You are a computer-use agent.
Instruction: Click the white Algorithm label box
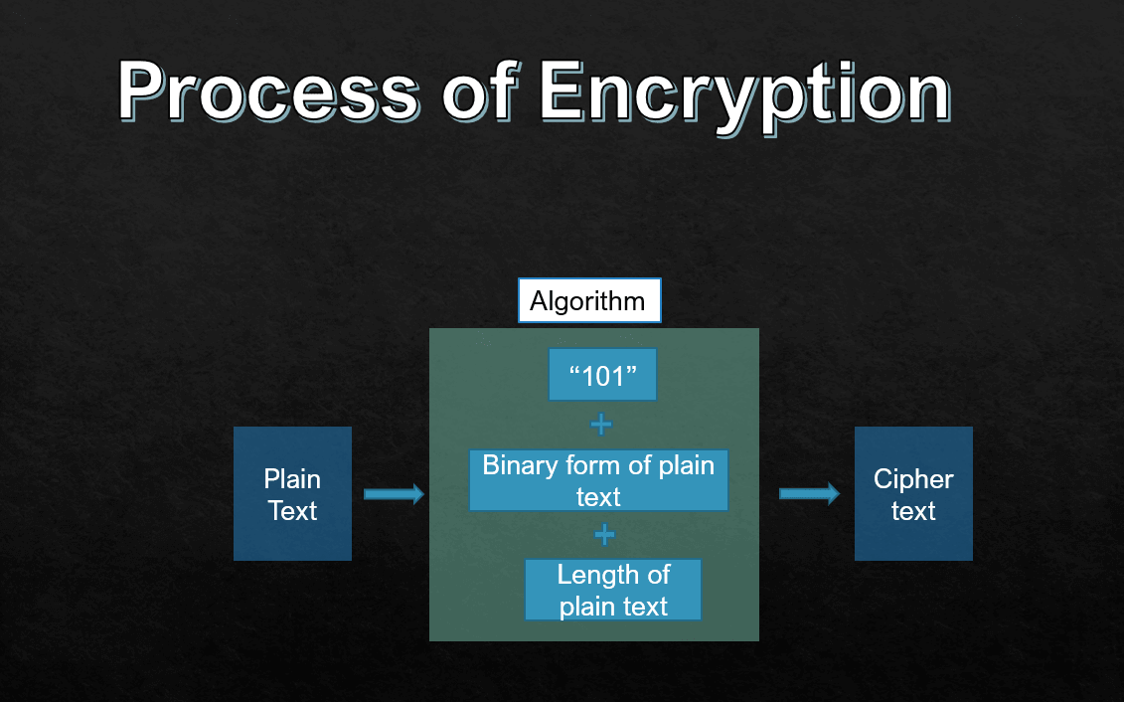(589, 300)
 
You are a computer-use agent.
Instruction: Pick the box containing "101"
(602, 375)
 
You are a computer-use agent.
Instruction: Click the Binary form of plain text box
(598, 480)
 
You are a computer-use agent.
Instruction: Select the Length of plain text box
(613, 590)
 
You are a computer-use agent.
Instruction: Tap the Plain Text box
(292, 494)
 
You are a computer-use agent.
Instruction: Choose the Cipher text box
(913, 494)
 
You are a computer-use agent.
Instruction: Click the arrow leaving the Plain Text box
(394, 494)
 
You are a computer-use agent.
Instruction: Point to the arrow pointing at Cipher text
(809, 494)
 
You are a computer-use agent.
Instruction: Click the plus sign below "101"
(601, 426)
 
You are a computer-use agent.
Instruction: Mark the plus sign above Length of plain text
(604, 535)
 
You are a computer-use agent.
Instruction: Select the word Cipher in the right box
(913, 479)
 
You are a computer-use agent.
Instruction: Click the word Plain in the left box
(292, 479)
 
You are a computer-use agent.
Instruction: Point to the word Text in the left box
(292, 511)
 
